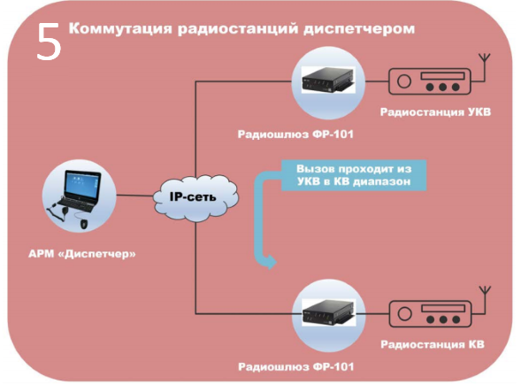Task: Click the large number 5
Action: [x=49, y=42]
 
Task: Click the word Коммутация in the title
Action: [x=120, y=28]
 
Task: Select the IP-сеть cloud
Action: [x=195, y=197]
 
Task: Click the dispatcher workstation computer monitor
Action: [x=83, y=185]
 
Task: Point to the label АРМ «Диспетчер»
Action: [x=82, y=254]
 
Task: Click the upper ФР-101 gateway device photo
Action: [x=328, y=80]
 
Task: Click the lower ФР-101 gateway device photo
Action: [x=328, y=312]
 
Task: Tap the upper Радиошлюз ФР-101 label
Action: [x=295, y=134]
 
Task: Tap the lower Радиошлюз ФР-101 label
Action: [x=296, y=367]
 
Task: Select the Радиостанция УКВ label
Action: [x=435, y=112]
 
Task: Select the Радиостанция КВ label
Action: [x=433, y=344]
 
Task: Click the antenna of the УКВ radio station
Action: [x=485, y=67]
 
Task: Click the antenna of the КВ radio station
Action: [x=485, y=300]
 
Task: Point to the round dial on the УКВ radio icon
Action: [x=404, y=81]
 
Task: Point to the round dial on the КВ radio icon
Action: [x=404, y=313]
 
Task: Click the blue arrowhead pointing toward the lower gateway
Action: [x=272, y=262]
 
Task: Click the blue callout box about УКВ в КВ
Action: [x=354, y=175]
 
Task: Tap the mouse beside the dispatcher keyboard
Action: [x=84, y=224]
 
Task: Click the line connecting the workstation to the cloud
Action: [x=134, y=196]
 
